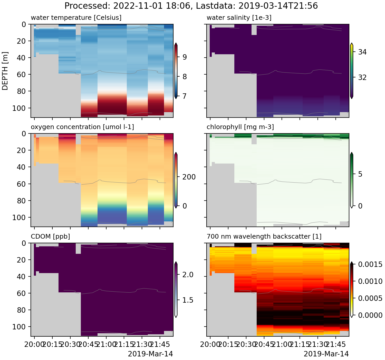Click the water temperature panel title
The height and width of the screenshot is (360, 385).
click(x=76, y=18)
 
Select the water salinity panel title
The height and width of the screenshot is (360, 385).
click(x=239, y=18)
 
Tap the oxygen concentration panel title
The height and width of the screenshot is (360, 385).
click(x=82, y=127)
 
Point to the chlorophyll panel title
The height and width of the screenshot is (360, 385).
click(x=240, y=127)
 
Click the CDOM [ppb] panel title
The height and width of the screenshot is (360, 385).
click(x=50, y=236)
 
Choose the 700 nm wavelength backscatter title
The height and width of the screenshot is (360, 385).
click(x=264, y=236)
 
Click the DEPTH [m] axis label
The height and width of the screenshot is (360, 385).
click(x=5, y=71)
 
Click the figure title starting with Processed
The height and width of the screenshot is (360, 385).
click(x=191, y=6)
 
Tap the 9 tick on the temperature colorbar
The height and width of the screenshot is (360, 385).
click(x=184, y=57)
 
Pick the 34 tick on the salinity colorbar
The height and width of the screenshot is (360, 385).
click(x=362, y=52)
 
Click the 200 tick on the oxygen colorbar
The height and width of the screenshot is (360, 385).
click(x=189, y=177)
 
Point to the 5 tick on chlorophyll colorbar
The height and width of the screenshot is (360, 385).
click(x=360, y=174)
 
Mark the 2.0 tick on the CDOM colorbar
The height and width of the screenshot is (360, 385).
click(x=188, y=275)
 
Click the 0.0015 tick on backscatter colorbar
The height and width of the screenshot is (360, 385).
click(x=370, y=264)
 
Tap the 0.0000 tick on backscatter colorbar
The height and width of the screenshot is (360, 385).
click(x=370, y=315)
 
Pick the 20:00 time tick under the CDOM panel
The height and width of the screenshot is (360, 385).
click(x=34, y=345)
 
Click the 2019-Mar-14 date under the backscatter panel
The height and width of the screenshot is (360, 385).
click(x=326, y=354)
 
